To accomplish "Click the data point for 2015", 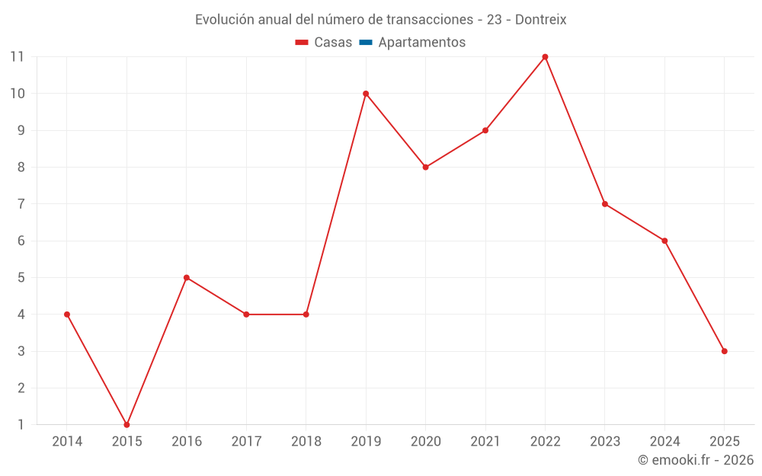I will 126,425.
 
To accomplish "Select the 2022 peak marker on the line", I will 545,56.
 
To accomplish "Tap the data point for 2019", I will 366,94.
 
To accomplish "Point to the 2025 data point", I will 724,351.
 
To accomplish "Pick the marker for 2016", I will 187,277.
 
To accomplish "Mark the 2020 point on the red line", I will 425,167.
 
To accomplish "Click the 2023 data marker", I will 605,204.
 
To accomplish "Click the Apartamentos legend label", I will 421,43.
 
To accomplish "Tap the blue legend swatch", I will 366,43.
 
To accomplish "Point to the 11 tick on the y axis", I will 17,56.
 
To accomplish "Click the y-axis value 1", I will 21,425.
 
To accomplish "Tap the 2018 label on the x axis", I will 306,442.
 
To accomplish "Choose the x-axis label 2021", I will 485,442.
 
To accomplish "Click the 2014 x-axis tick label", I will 67,442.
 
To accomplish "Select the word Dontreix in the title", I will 541,20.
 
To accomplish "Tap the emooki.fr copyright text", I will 696,460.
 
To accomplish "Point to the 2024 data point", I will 664,241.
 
